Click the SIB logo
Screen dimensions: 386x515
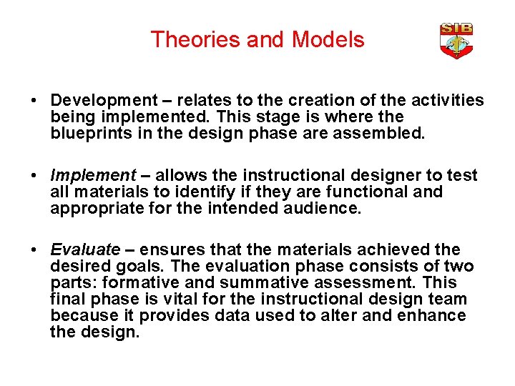point(456,41)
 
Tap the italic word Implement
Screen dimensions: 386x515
point(92,175)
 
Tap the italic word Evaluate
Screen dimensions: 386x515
point(85,249)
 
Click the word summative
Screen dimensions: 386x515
point(247,283)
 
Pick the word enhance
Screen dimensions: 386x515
point(435,316)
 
